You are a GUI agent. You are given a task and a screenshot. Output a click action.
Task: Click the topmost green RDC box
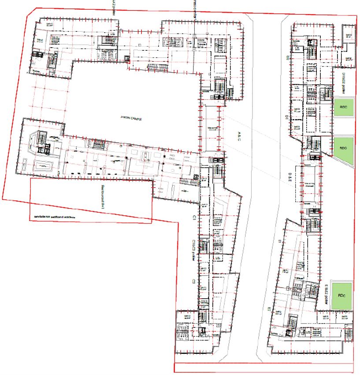click(344, 108)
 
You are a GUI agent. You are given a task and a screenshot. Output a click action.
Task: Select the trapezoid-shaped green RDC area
click(344, 149)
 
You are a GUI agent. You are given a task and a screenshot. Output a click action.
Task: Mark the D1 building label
click(286, 117)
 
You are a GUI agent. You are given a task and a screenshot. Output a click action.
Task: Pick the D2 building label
click(286, 58)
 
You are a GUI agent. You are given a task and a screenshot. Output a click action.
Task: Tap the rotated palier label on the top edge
click(113, 8)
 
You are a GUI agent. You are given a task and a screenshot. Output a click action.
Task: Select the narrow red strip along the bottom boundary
click(264, 367)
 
